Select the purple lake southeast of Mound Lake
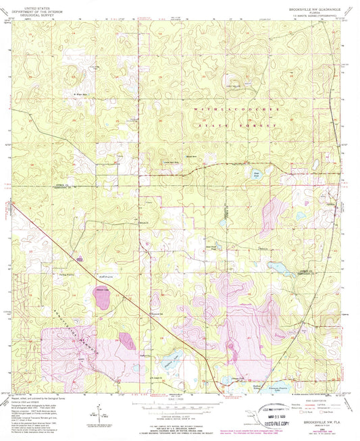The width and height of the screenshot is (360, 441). coord(126,340)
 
